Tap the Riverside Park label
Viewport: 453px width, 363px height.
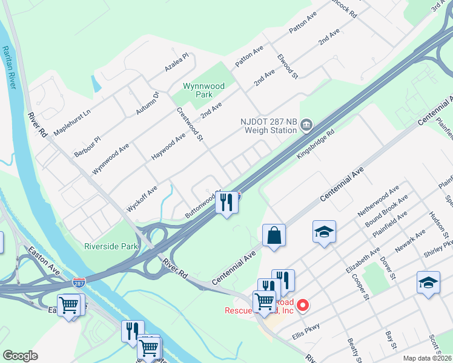[x=111, y=246]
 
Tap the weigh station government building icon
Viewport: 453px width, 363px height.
[x=306, y=125]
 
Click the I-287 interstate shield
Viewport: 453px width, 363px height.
[x=79, y=282]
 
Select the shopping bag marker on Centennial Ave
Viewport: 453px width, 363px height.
[x=274, y=235]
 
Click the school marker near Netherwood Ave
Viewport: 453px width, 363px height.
[x=325, y=231]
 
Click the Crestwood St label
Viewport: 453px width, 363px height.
[x=190, y=124]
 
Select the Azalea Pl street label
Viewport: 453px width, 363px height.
[x=176, y=63]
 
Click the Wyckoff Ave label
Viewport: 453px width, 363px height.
[x=142, y=198]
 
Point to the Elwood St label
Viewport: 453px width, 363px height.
[x=287, y=67]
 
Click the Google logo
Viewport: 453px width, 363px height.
[x=20, y=356]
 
